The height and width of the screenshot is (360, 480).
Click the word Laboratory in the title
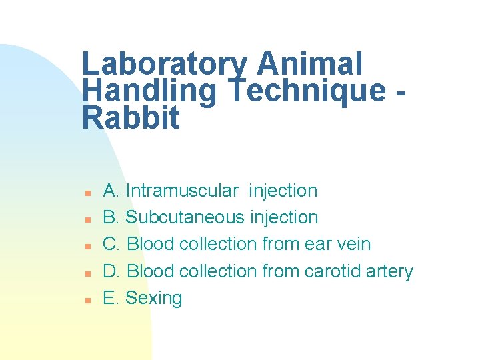click(x=164, y=65)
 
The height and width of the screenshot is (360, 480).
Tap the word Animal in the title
click(x=309, y=65)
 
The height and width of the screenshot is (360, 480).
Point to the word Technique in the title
click(x=306, y=91)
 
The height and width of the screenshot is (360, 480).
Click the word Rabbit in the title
click(x=131, y=118)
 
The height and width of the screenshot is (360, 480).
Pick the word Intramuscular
click(x=181, y=191)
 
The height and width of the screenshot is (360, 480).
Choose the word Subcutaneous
click(x=186, y=217)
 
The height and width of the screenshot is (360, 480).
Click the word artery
click(x=390, y=272)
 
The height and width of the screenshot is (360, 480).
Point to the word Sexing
click(x=153, y=298)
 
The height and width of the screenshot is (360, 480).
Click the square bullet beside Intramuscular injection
click(x=87, y=193)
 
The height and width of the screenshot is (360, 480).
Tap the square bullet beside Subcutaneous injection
click(x=87, y=219)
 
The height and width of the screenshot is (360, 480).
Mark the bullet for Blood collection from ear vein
click(x=87, y=246)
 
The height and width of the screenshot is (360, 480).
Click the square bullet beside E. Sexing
click(x=87, y=300)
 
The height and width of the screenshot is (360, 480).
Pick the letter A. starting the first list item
click(x=111, y=191)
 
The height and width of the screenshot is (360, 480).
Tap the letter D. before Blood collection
click(x=111, y=271)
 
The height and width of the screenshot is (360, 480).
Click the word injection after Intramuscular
click(x=283, y=191)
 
